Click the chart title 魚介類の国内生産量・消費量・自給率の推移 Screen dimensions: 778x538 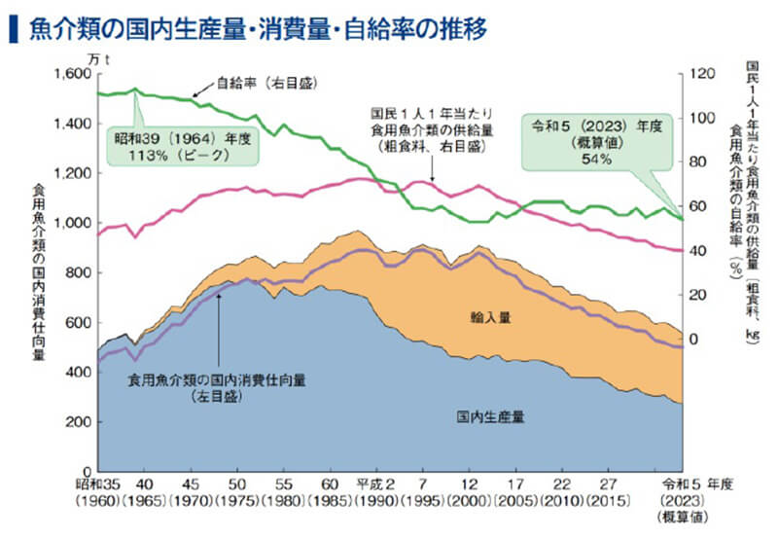[258, 28]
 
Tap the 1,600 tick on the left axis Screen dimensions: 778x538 [72, 74]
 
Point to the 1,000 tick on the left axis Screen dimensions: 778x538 [72, 223]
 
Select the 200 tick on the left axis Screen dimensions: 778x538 [79, 421]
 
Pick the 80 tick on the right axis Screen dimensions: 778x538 [696, 161]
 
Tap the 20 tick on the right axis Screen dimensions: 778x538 [696, 295]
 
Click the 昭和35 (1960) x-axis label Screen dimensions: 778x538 [98, 491]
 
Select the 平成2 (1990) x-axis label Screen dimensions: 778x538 [376, 491]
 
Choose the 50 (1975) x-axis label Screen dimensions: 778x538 [237, 491]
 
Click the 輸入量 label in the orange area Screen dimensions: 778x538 [490, 317]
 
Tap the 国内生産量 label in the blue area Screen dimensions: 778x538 [490, 417]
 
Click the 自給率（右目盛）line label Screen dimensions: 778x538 [266, 83]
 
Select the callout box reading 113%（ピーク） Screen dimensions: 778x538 [183, 146]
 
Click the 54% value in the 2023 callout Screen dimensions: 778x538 [596, 159]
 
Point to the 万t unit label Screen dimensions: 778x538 [99, 60]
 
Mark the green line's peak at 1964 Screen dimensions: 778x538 [135, 90]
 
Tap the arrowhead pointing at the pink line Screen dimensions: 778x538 [432, 179]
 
